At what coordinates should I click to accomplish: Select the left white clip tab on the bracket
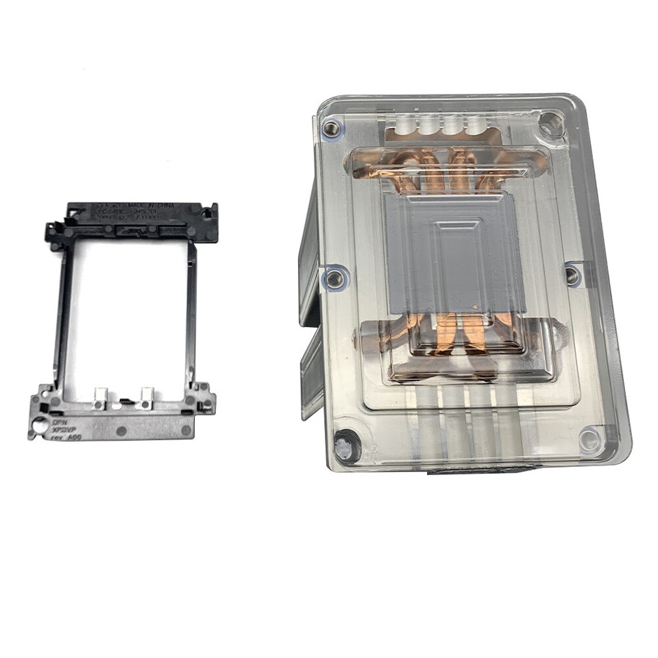pos(100,397)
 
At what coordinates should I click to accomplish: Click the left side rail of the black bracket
pos(62,315)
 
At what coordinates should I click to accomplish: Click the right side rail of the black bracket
pos(191,315)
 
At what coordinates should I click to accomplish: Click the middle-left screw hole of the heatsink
pos(334,278)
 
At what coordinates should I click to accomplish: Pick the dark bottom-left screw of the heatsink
pos(347,446)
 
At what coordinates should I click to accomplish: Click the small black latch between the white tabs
pos(125,400)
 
